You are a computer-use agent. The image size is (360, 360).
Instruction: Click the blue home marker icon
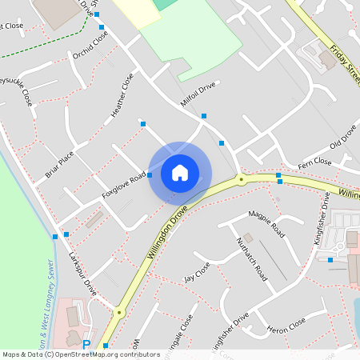pos(180,173)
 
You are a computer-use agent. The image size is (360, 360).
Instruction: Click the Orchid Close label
pos(90,46)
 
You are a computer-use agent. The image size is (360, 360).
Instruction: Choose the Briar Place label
pos(59,162)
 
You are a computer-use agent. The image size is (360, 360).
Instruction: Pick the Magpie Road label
pos(266,224)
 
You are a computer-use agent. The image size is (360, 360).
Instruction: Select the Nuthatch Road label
pos(250,256)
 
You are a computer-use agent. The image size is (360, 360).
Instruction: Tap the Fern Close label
pos(314,162)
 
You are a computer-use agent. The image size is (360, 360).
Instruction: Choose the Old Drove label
pos(343,142)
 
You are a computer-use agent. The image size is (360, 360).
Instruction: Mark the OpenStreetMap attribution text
pos(81,354)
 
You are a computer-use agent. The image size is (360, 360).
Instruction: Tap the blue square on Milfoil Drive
pos(204,116)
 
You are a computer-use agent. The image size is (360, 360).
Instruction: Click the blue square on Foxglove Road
pos(150,174)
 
